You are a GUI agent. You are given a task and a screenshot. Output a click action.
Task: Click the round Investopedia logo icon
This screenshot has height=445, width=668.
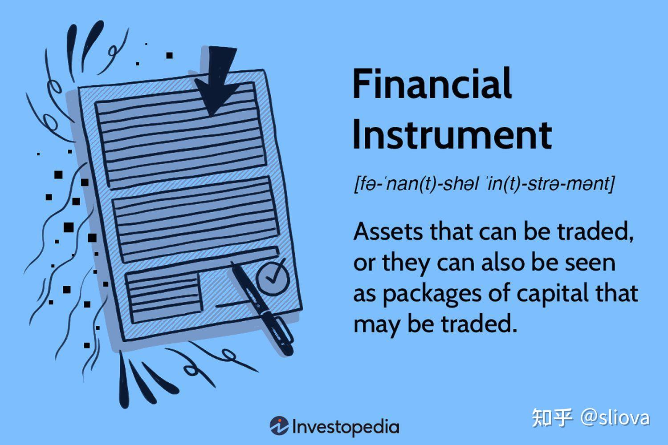coord(279,426)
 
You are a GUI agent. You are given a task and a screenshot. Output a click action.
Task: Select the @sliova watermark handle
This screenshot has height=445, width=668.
coord(615,418)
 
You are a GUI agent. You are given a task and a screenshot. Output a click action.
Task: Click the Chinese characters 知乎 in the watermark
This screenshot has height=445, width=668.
coord(552,418)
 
